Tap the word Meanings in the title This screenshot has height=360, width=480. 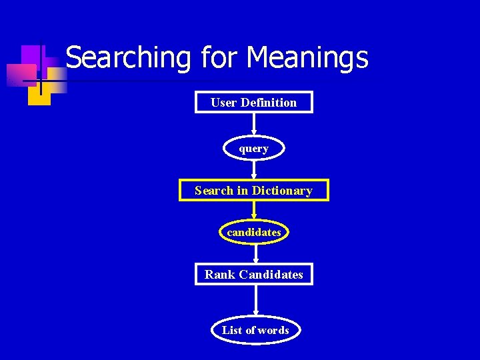pyautogui.click(x=307, y=57)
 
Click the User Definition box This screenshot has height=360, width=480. pyautogui.click(x=253, y=102)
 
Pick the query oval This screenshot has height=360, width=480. pyautogui.click(x=253, y=148)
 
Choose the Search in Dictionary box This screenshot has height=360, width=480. pyautogui.click(x=253, y=191)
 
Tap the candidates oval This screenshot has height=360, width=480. pyautogui.click(x=253, y=232)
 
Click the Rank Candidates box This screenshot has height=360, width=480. pyautogui.click(x=253, y=274)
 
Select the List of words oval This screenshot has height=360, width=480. pyautogui.click(x=255, y=330)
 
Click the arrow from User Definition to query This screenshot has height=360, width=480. pyautogui.click(x=253, y=125)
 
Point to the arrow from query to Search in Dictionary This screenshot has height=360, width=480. pyautogui.click(x=253, y=169)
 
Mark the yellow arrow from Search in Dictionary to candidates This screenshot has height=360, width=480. pyautogui.click(x=253, y=210)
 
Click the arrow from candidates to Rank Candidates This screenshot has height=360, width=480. pyautogui.click(x=253, y=253)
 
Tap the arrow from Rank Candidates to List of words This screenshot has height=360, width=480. pyautogui.click(x=255, y=301)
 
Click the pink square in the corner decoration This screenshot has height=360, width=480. pyautogui.click(x=21, y=74)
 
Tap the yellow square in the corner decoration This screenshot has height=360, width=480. pyautogui.click(x=39, y=93)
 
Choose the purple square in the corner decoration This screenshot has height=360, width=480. pyautogui.click(x=31, y=56)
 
